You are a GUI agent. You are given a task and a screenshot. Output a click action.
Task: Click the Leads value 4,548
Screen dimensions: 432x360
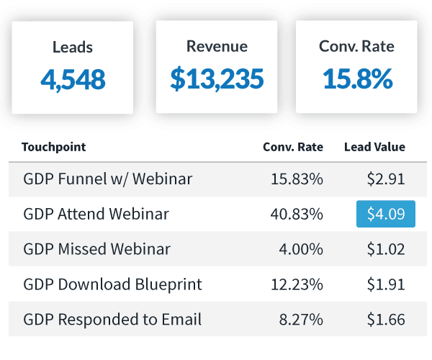click(73, 80)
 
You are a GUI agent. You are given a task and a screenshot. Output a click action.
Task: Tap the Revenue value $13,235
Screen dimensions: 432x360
click(217, 79)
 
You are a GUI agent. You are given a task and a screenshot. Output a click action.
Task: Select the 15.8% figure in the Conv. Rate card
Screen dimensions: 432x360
click(357, 79)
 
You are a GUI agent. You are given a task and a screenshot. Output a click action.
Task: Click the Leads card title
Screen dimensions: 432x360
click(73, 47)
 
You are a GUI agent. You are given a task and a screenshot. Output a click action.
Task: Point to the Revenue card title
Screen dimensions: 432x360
click(217, 46)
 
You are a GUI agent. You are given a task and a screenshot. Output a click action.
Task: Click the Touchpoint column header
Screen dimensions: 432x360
click(54, 147)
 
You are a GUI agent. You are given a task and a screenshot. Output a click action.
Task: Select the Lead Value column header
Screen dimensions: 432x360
click(374, 147)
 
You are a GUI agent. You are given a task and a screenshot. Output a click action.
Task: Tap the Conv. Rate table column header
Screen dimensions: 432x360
click(293, 147)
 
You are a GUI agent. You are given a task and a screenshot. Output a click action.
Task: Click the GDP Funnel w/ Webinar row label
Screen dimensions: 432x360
click(108, 179)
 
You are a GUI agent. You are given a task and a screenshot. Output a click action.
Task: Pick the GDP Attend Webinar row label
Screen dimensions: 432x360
click(96, 214)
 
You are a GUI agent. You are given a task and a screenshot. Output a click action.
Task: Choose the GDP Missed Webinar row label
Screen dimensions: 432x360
click(97, 249)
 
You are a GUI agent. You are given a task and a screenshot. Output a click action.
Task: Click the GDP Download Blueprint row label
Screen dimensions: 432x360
click(113, 284)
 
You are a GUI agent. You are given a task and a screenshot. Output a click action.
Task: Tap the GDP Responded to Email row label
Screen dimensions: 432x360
click(112, 320)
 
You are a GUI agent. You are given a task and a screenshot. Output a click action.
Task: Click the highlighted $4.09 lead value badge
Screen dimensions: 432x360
click(386, 214)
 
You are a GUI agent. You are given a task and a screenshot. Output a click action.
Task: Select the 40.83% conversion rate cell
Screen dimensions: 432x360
click(297, 214)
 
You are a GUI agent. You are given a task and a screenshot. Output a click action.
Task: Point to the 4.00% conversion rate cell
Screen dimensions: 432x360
click(301, 249)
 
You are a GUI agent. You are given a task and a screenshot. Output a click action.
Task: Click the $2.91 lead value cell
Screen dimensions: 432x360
click(386, 179)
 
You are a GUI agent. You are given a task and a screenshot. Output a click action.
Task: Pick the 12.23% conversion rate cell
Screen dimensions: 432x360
click(297, 284)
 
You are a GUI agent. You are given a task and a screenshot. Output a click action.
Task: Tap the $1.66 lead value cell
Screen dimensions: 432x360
click(386, 320)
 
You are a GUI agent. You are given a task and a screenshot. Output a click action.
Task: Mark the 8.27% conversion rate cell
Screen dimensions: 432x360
click(301, 320)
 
